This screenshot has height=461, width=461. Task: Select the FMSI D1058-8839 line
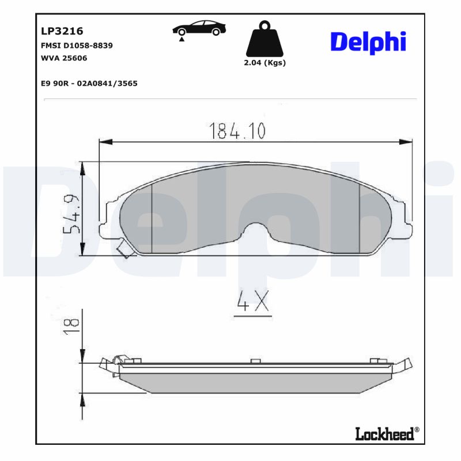(77, 45)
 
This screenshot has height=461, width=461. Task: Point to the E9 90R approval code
(89, 83)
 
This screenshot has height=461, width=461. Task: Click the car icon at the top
(199, 29)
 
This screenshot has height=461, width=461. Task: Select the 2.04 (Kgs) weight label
(265, 63)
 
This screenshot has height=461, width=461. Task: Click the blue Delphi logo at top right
(368, 42)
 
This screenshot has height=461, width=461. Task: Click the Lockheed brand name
(385, 434)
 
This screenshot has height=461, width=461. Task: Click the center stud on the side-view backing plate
(255, 361)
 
